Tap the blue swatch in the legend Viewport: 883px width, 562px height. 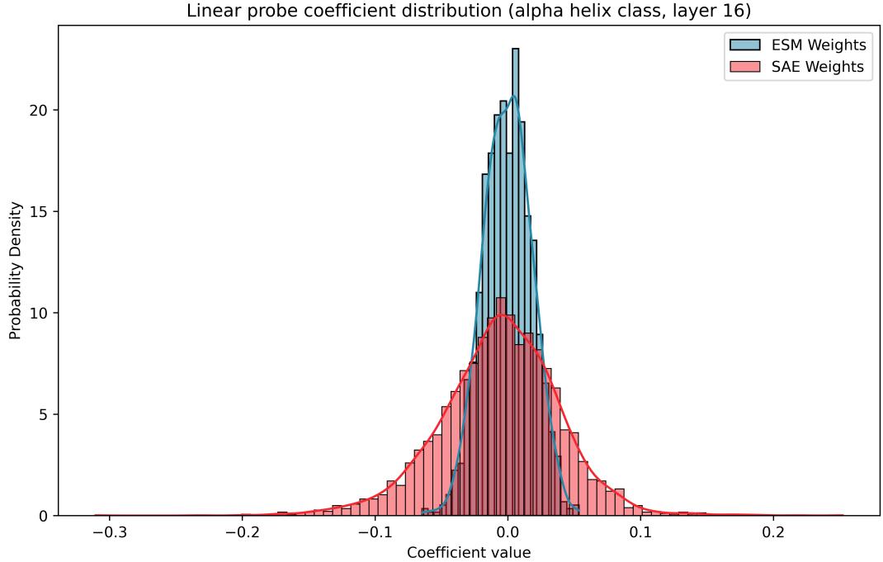pyautogui.click(x=741, y=45)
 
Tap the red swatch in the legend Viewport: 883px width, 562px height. pyautogui.click(x=741, y=67)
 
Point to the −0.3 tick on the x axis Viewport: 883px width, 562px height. pyautogui.click(x=109, y=532)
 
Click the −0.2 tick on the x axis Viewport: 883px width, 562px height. pyautogui.click(x=242, y=532)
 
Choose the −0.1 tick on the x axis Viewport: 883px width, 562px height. pyautogui.click(x=375, y=532)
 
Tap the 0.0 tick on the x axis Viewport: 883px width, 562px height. pyautogui.click(x=508, y=532)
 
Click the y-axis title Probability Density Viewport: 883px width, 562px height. pyautogui.click(x=15, y=270)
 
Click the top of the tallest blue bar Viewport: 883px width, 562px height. pyautogui.click(x=515, y=49)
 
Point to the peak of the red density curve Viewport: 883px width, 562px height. pyautogui.click(x=502, y=314)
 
